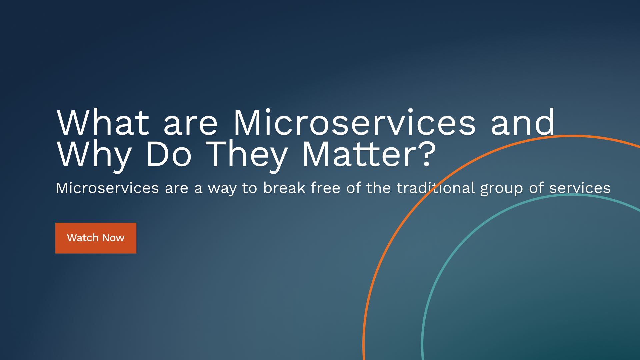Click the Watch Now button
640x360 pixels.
(x=96, y=238)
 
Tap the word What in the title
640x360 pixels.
(x=103, y=123)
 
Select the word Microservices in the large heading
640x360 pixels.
(x=354, y=123)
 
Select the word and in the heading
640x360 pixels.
(x=523, y=123)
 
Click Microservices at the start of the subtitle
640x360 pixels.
(x=107, y=188)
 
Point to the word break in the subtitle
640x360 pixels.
(x=284, y=188)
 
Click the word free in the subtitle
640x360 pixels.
(x=325, y=188)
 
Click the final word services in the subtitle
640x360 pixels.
(x=580, y=188)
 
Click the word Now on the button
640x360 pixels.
(x=113, y=238)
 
